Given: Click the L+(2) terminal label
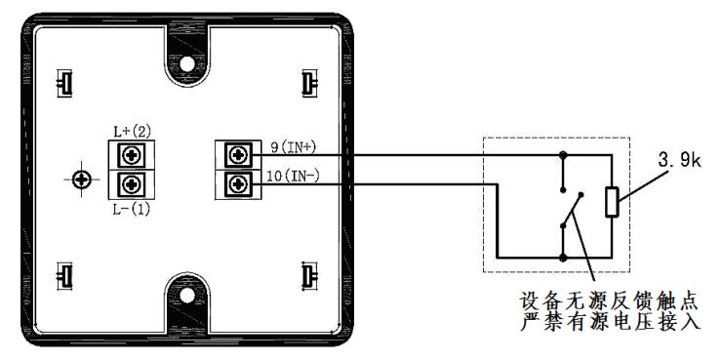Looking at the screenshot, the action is tap(132, 132).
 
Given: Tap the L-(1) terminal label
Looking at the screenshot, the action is tap(132, 210).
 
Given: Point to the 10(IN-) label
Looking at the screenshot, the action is tap(293, 176).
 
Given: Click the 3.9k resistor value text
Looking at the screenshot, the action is tap(679, 161).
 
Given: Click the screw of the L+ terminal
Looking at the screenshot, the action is tap(132, 155).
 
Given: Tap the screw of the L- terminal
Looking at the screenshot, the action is tap(132, 184).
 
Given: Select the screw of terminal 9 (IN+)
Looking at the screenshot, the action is tap(238, 155).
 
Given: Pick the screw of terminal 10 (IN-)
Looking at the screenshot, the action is tap(238, 184).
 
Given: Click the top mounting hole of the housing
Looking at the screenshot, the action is tap(187, 64).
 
